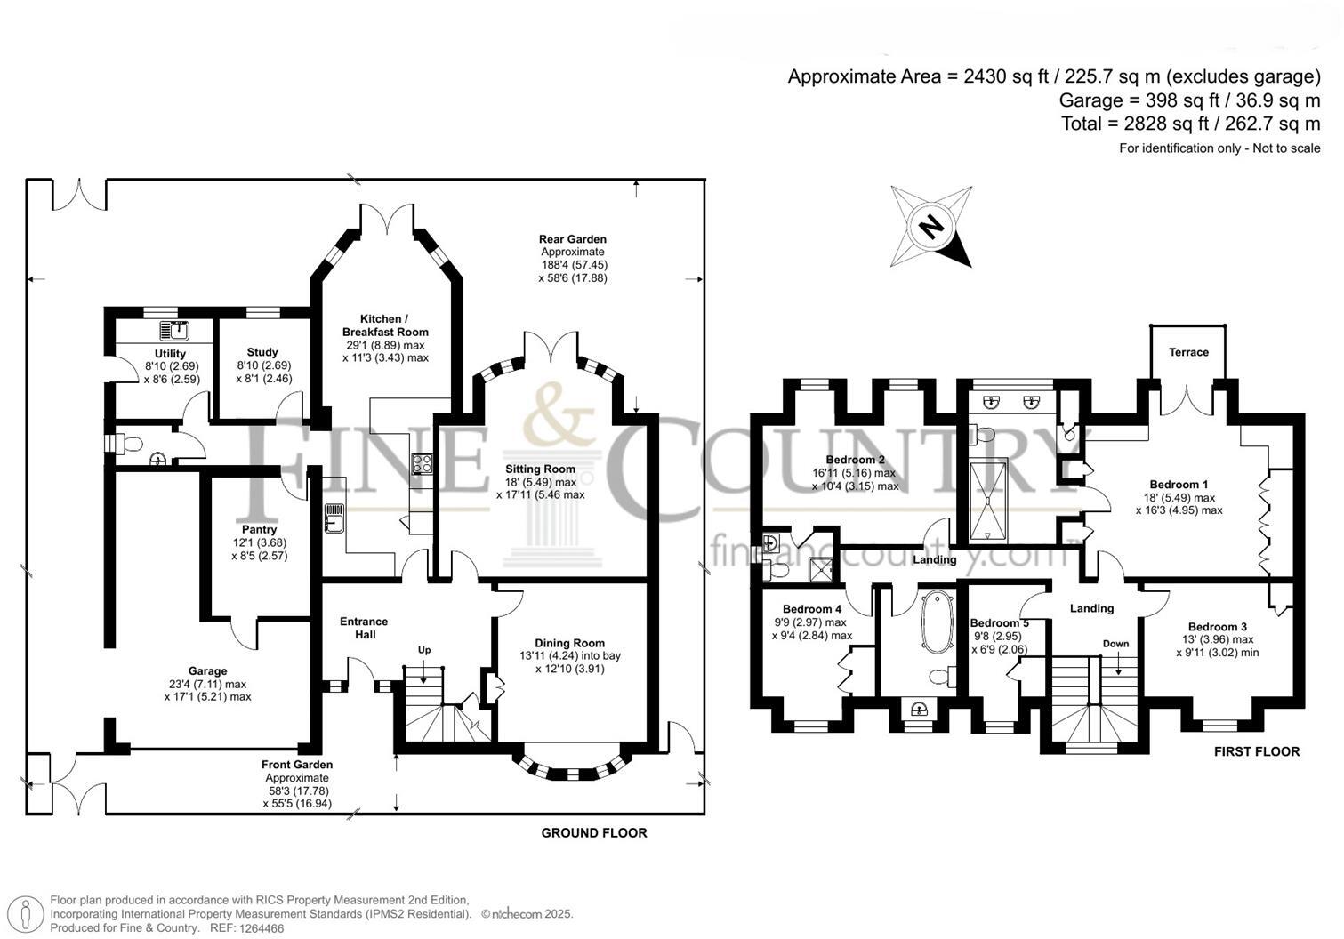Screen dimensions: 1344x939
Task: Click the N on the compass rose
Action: (x=930, y=226)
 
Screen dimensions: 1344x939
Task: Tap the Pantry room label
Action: (x=259, y=529)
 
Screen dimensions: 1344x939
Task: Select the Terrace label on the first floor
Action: (x=1188, y=352)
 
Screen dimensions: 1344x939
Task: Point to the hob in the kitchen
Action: (x=422, y=464)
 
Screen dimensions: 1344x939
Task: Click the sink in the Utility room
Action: (x=174, y=331)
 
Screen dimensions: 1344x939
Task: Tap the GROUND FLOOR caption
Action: (x=594, y=833)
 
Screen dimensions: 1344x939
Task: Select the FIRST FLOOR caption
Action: (x=1257, y=751)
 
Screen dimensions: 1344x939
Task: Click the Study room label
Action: (x=262, y=352)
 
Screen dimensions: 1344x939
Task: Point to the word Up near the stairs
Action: (x=424, y=650)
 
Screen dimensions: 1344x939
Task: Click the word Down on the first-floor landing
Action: (x=1115, y=643)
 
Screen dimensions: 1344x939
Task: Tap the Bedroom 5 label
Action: (x=999, y=622)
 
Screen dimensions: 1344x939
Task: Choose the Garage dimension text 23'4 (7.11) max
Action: (x=207, y=684)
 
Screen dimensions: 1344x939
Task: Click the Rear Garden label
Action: (x=573, y=239)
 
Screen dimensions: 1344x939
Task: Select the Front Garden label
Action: (x=297, y=765)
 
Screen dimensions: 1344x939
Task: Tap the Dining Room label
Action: (x=569, y=643)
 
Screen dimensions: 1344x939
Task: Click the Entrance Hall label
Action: (x=364, y=628)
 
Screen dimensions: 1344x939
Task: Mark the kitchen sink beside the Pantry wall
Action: (x=334, y=518)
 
